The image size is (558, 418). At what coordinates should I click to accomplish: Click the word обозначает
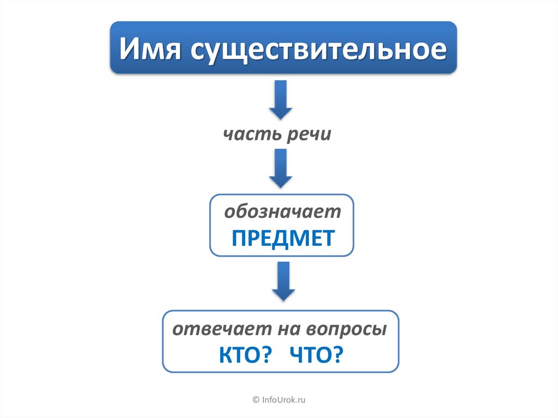(282, 212)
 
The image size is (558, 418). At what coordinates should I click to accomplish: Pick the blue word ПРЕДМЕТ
(282, 238)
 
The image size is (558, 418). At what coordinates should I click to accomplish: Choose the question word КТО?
(245, 355)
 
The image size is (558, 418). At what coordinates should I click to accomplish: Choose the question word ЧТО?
(317, 355)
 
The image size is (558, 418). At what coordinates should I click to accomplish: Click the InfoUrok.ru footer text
(284, 401)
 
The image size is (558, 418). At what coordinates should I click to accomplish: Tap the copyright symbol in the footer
(256, 401)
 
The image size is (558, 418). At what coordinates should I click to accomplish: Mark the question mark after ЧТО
(338, 355)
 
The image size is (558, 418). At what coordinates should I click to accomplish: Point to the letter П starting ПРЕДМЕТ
(239, 238)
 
